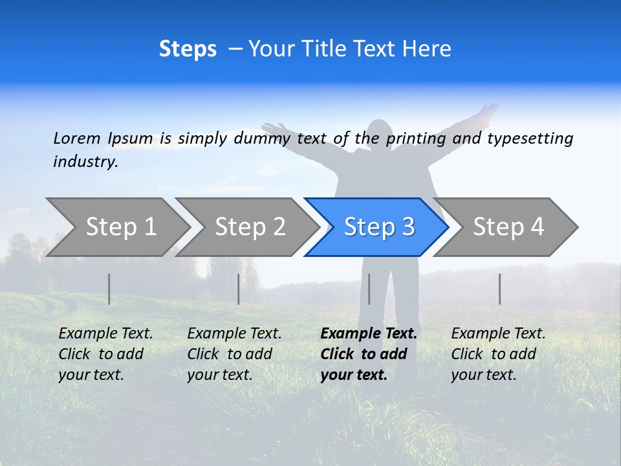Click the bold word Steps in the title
coord(188,49)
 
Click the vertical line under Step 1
coord(109,289)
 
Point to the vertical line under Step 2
coord(239,289)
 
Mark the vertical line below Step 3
coord(369,289)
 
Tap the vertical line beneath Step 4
coord(499,289)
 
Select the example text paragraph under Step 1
coord(105,354)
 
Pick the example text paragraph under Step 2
coord(234,354)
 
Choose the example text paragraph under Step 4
coord(498,354)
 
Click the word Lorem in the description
coord(77,138)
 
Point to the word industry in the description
coord(85,162)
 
